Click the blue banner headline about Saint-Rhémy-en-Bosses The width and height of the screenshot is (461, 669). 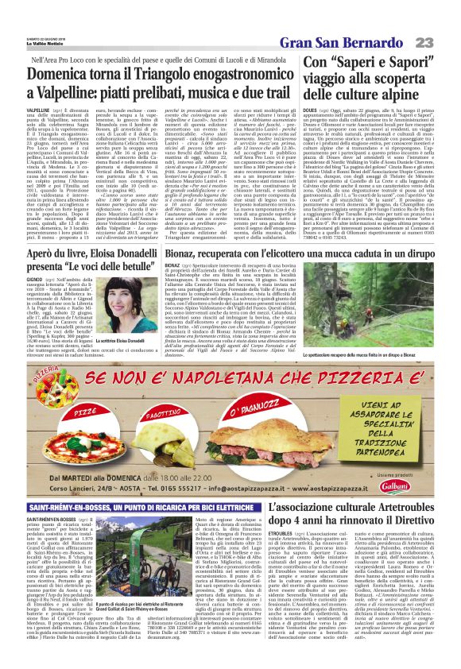pyautogui.click(x=128, y=506)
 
